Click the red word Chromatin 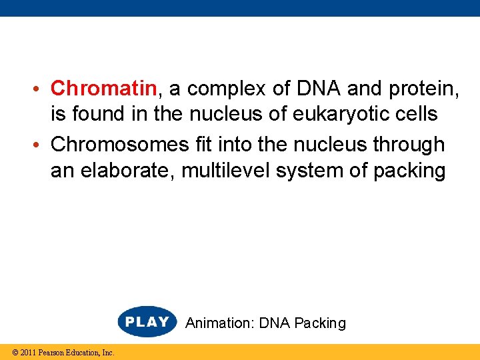104,88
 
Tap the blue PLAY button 147,322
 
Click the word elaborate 119,171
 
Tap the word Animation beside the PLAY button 219,323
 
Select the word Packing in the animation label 320,323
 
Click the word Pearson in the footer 51,353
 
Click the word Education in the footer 83,353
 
